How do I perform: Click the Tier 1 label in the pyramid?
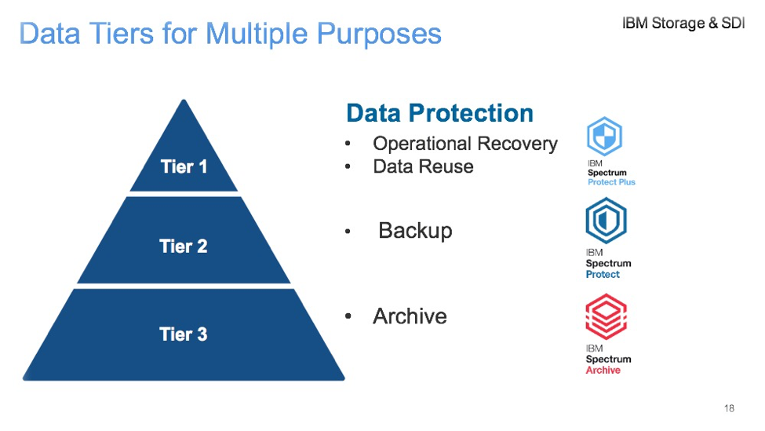click(184, 167)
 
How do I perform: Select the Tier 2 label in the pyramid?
click(184, 247)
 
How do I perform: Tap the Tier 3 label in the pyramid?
click(184, 334)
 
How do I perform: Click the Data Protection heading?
click(439, 113)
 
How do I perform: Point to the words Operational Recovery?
click(465, 144)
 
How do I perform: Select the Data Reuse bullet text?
click(423, 166)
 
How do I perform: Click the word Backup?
click(415, 231)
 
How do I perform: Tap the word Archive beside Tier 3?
click(410, 316)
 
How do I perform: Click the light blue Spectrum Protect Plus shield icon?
click(604, 136)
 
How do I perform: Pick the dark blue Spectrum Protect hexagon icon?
click(606, 221)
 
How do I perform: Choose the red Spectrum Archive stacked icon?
click(606, 316)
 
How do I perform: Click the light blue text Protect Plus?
click(611, 182)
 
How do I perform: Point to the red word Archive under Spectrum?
click(603, 371)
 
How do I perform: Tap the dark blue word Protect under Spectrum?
click(603, 274)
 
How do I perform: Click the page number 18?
click(730, 408)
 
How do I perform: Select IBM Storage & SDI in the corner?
click(683, 23)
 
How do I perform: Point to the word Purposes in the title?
click(379, 35)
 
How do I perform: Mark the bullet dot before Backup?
click(348, 232)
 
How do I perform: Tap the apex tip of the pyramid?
click(184, 100)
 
